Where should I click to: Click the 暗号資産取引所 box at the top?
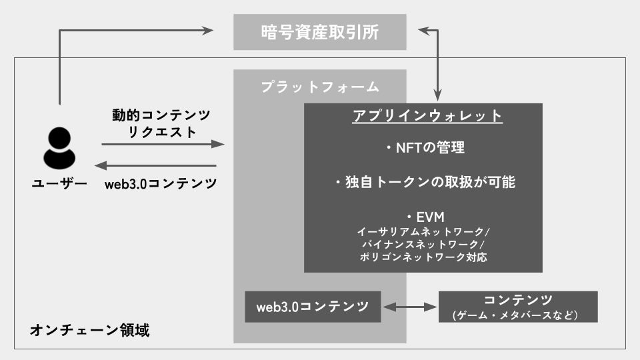tap(320, 32)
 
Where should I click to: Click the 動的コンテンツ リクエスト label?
tap(161, 123)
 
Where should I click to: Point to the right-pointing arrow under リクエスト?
tap(163, 144)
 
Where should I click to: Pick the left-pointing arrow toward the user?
tap(156, 165)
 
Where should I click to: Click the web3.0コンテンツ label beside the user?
tap(161, 184)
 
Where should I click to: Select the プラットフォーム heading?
tap(320, 87)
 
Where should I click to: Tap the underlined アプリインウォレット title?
tap(427, 115)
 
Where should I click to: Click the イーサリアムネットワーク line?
tap(424, 232)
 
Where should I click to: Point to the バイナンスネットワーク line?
tap(424, 244)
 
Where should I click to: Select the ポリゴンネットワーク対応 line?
tap(423, 257)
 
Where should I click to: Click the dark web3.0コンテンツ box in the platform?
tap(313, 307)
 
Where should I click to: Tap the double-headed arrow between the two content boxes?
tap(409, 307)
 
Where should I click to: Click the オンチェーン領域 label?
tap(90, 330)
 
